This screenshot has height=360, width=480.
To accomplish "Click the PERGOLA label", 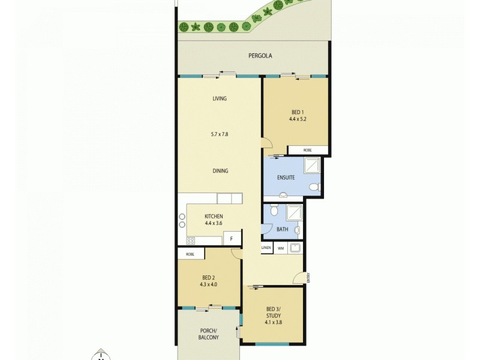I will (x=260, y=56).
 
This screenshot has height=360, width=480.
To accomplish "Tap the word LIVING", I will (x=220, y=98).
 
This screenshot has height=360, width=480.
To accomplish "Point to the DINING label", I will (x=220, y=171).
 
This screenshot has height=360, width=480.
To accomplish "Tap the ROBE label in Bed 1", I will (x=307, y=150).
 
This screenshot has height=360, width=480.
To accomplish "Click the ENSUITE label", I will (x=286, y=178).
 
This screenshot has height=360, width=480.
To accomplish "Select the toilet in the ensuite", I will (x=313, y=188).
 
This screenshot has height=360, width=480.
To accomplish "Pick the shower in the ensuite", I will (x=313, y=165).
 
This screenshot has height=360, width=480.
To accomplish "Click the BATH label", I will (x=282, y=229).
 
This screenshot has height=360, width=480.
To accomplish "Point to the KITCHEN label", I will (x=214, y=216).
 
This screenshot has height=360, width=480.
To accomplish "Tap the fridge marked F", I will (x=232, y=239).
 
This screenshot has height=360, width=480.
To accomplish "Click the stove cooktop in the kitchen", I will (x=191, y=241).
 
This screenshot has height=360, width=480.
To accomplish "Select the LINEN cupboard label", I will (x=266, y=248).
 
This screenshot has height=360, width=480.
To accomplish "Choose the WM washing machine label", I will (x=280, y=248).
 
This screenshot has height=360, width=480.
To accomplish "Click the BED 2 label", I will (x=208, y=277).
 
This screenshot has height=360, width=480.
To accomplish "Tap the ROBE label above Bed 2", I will (x=190, y=254).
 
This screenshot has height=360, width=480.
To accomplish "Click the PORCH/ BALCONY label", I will (x=209, y=334).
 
